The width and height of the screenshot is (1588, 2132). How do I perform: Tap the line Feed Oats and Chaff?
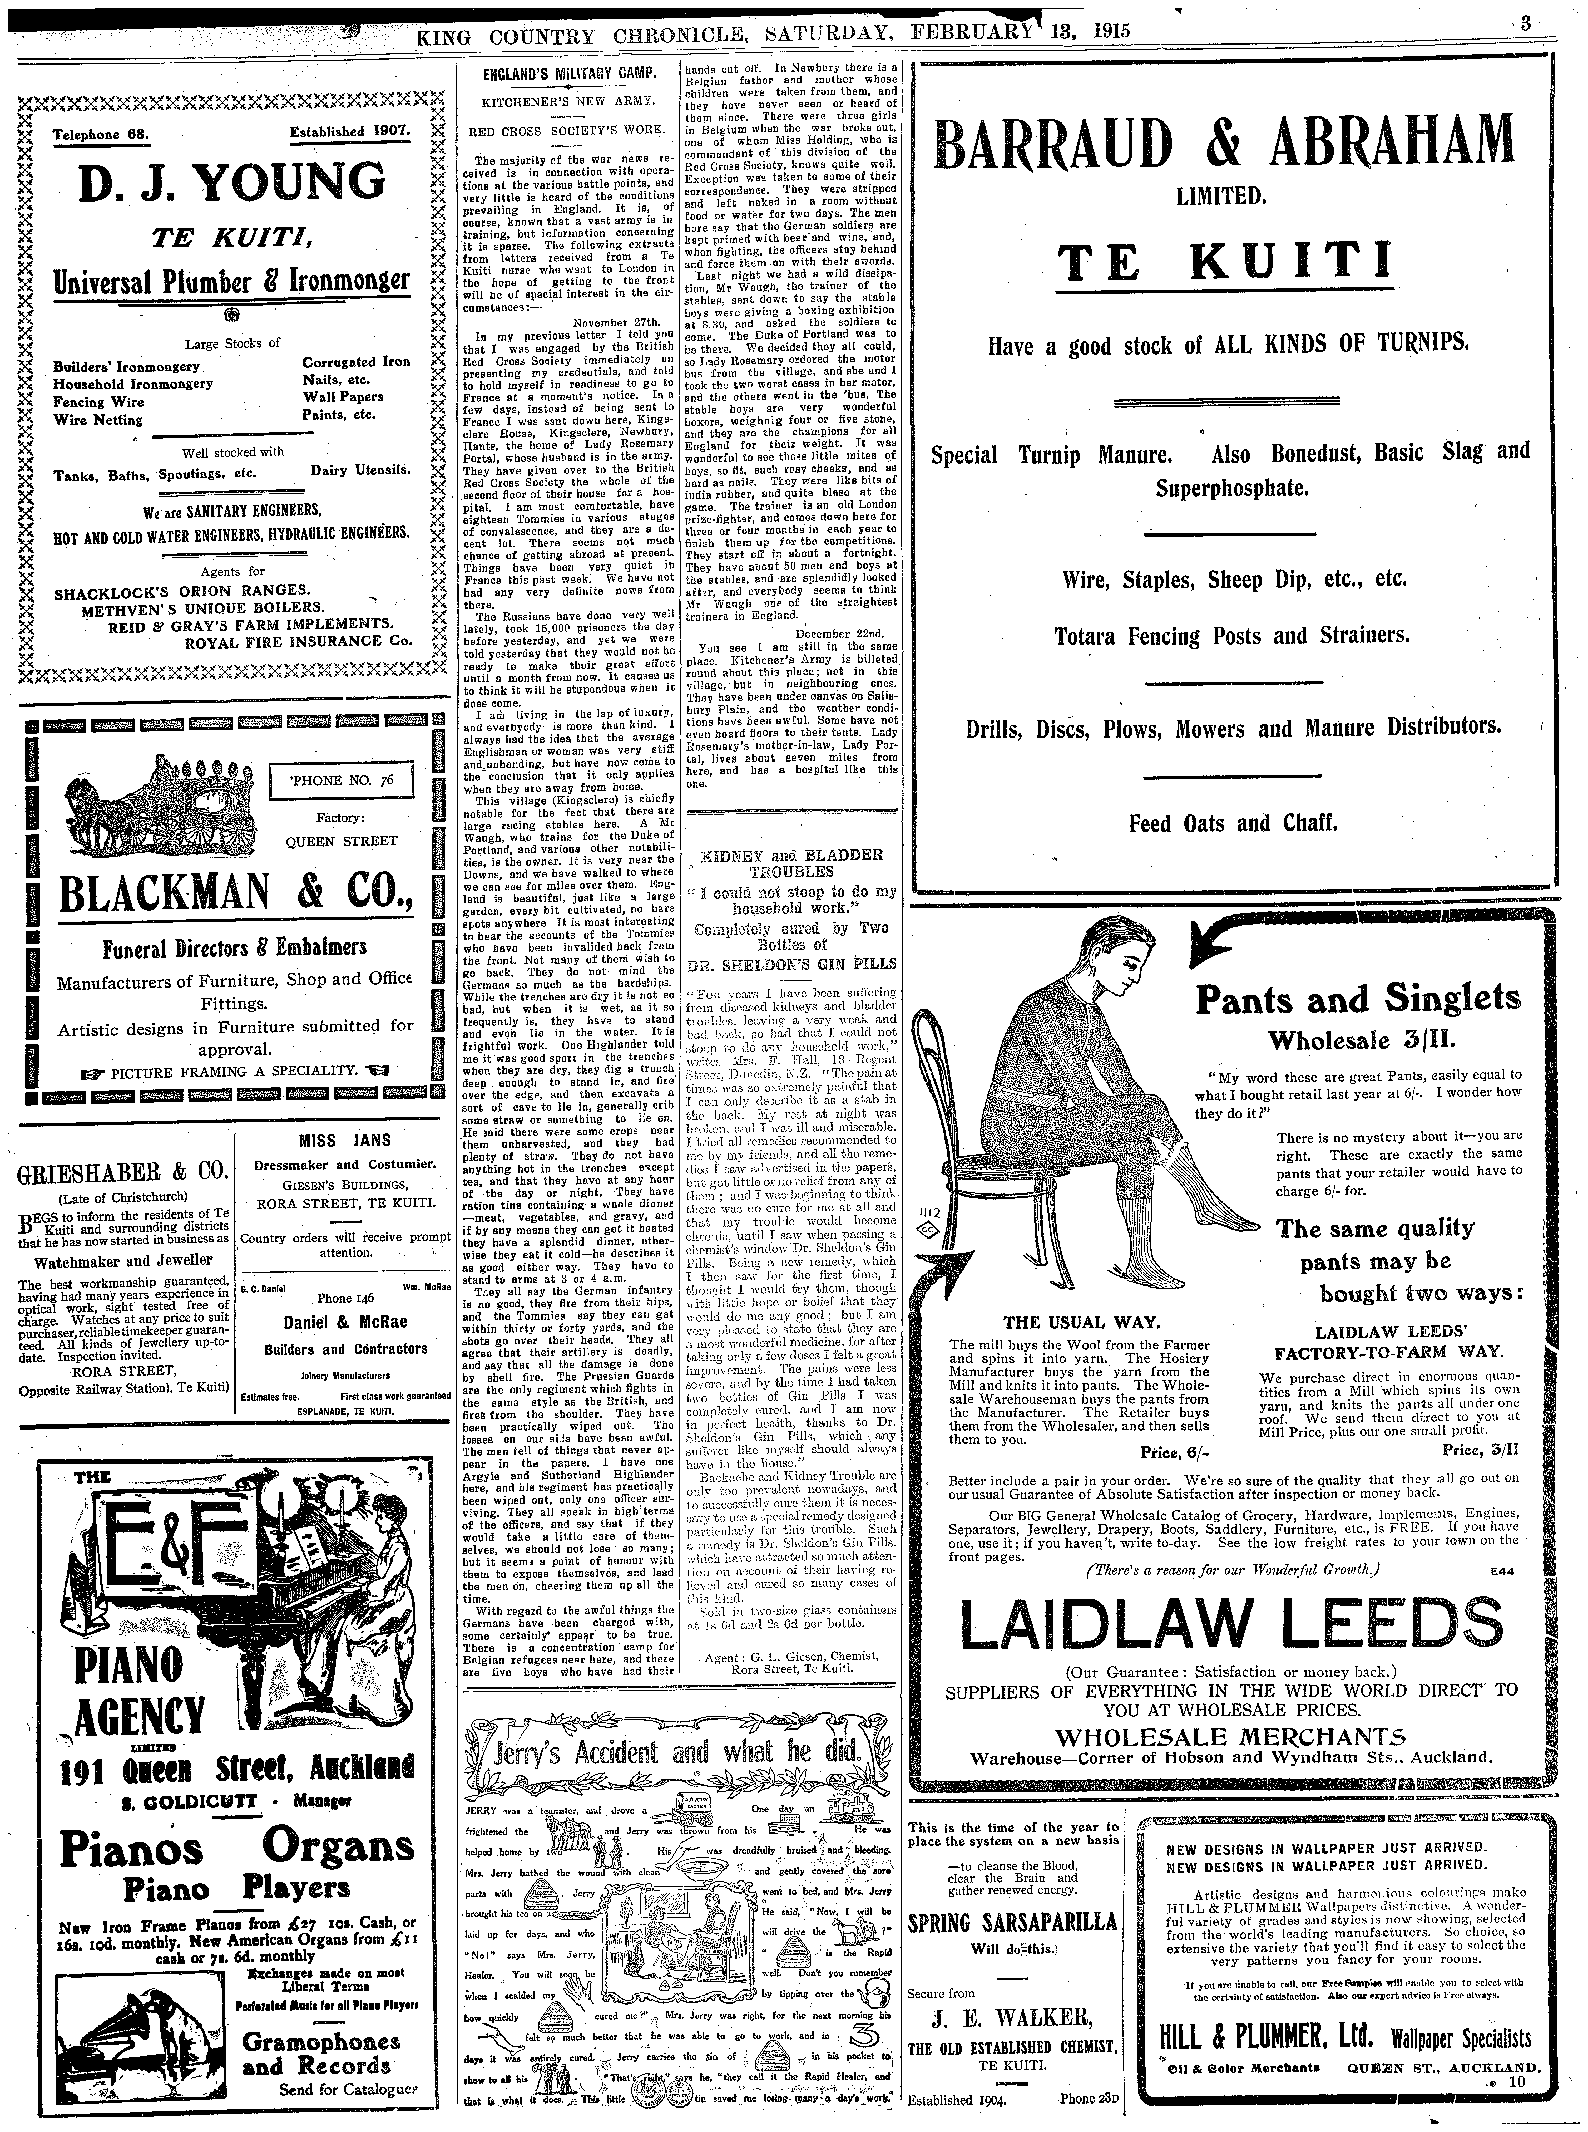[1233, 823]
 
